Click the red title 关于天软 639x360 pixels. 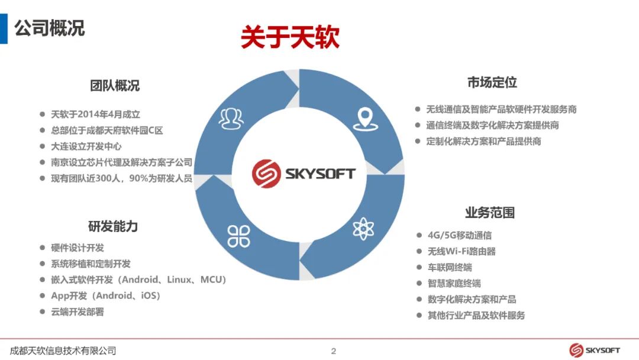290,37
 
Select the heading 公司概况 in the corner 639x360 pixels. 50,28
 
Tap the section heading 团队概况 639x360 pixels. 115,86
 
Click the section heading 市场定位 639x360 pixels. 492,83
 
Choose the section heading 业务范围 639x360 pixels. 489,213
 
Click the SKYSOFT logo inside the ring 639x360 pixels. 304,173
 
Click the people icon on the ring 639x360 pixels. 231,118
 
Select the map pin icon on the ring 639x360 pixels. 364,118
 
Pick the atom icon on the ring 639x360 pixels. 364,228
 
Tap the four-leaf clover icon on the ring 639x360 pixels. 239,235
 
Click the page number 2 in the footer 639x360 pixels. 333,351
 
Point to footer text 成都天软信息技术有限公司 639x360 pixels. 63,351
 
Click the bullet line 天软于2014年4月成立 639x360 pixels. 95,114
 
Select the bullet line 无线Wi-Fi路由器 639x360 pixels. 461,251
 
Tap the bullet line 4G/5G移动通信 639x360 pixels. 459,235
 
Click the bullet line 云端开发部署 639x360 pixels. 77,311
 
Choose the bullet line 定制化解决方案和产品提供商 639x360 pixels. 483,142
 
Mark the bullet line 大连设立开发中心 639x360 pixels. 86,146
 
